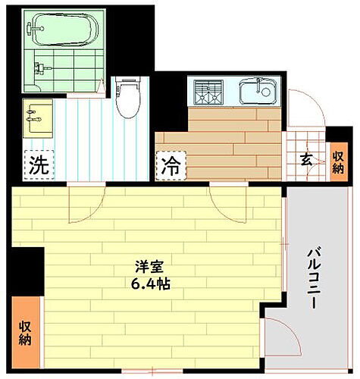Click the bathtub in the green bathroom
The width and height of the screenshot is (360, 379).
[x=63, y=30]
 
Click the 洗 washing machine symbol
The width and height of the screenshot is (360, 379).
[x=38, y=166]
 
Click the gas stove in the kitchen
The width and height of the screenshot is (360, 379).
[x=208, y=94]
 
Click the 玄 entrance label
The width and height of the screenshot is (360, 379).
[x=305, y=160]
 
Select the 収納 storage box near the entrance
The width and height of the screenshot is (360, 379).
[x=337, y=160]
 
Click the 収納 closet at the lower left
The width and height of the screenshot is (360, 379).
[x=26, y=331]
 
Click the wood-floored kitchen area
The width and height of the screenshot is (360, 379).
[x=227, y=140]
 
